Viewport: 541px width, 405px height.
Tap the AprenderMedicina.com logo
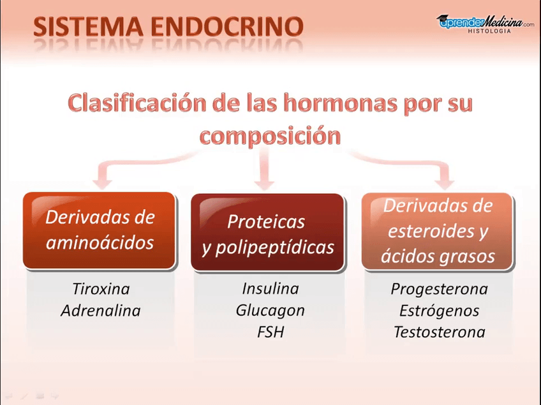[x=484, y=22]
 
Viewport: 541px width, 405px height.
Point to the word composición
[x=270, y=136]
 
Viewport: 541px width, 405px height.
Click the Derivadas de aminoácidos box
[x=100, y=230]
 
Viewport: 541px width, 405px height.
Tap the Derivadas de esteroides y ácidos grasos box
[x=438, y=231]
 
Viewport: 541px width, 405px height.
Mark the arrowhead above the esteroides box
[x=444, y=180]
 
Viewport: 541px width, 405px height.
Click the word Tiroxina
[x=100, y=289]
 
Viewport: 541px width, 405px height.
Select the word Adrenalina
[x=100, y=311]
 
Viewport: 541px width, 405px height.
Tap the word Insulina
[x=270, y=288]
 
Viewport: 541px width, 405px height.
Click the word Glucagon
[x=270, y=311]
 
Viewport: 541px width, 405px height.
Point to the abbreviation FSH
[x=270, y=332]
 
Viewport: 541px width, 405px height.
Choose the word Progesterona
[x=439, y=289]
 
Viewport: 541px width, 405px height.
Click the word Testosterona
[x=439, y=332]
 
